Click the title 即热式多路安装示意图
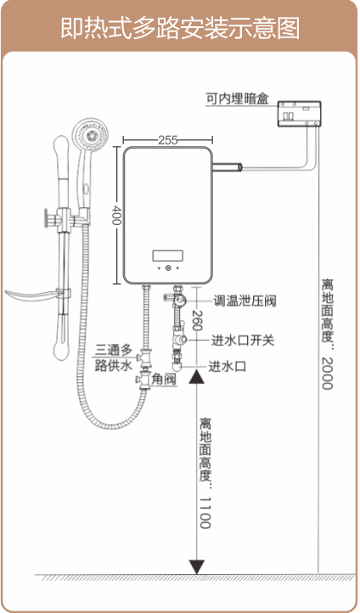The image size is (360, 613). tap(180, 28)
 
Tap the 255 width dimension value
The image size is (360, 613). tap(167, 140)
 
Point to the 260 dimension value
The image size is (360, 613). tap(197, 321)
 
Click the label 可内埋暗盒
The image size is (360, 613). tap(238, 98)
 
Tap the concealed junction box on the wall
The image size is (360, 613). tap(300, 114)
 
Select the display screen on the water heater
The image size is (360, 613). tap(167, 256)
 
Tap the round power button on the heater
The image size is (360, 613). tap(168, 268)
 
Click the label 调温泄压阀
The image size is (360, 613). tap(245, 301)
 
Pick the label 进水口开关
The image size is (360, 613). tap(243, 340)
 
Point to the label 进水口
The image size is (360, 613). tap(227, 367)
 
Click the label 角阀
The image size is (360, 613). tap(164, 380)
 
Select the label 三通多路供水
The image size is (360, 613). tap(114, 358)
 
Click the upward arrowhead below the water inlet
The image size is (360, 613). tap(197, 377)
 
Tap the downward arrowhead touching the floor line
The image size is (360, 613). tap(197, 567)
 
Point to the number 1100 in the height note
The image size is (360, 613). tap(205, 513)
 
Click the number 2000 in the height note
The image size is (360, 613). tap(327, 374)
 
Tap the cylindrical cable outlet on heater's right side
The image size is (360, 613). tap(228, 168)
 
